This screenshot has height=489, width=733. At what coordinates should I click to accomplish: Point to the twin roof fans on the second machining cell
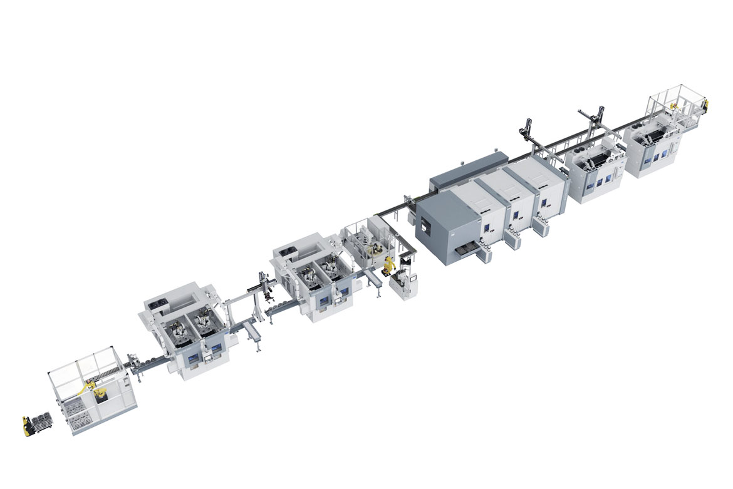(x=286, y=250)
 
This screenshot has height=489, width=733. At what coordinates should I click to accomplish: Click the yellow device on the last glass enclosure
(x=705, y=103)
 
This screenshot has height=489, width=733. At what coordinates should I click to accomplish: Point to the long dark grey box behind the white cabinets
(x=467, y=170)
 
